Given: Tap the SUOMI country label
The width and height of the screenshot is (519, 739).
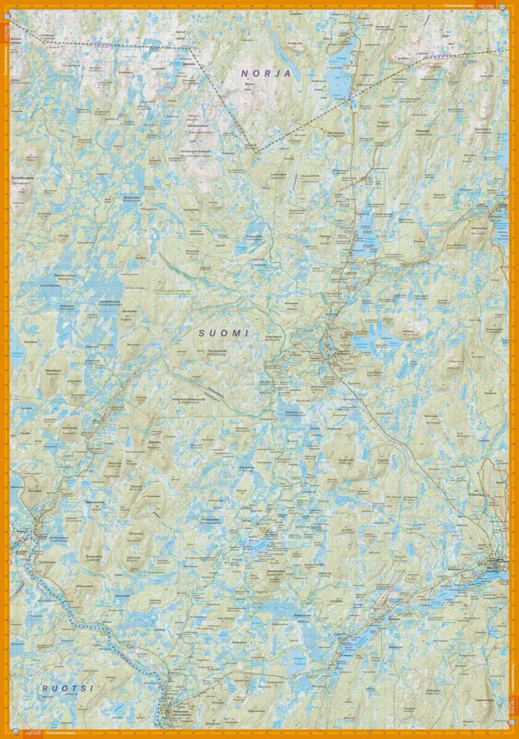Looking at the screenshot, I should (224, 333).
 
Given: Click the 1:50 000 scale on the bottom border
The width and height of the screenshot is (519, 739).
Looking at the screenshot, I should (34, 733).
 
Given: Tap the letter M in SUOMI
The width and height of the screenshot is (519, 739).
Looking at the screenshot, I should (235, 333).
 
